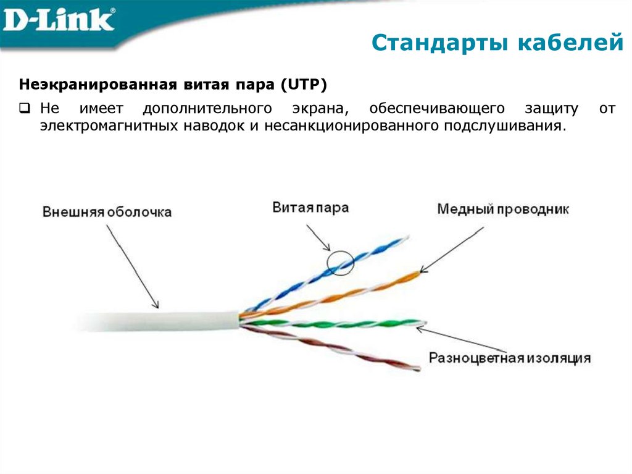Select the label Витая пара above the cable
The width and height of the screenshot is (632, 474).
click(x=310, y=208)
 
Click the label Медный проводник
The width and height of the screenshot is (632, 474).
click(x=502, y=209)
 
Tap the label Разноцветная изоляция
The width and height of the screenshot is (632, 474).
click(x=510, y=358)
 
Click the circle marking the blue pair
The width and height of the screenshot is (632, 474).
click(x=340, y=263)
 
